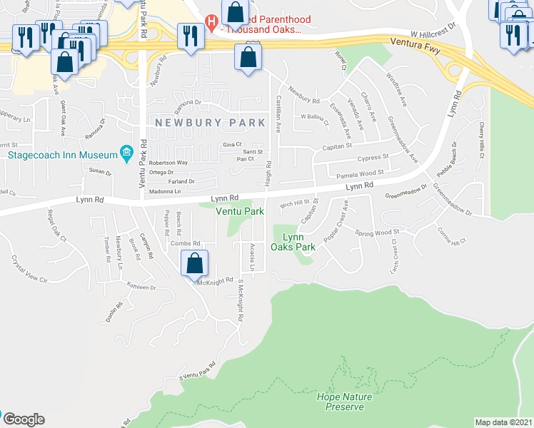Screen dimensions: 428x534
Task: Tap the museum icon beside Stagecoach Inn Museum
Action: [126, 153]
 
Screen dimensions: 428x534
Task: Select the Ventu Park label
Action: [240, 211]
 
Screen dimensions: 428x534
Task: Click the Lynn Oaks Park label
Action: [293, 242]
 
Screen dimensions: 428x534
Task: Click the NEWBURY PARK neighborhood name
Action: [206, 123]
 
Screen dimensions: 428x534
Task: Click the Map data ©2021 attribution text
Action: [503, 422]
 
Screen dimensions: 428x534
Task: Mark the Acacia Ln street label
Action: [252, 255]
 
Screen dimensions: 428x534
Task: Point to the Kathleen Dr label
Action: [141, 287]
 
